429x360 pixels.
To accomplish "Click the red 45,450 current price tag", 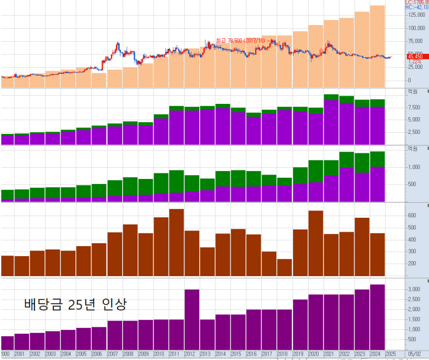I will [415, 56].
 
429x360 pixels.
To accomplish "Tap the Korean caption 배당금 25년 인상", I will [76, 304].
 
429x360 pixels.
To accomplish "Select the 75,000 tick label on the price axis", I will [415, 41].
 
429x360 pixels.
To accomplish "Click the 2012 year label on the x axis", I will [190, 354].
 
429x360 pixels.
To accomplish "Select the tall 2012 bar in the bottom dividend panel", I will [192, 319].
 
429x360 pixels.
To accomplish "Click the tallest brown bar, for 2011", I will [176, 242].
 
